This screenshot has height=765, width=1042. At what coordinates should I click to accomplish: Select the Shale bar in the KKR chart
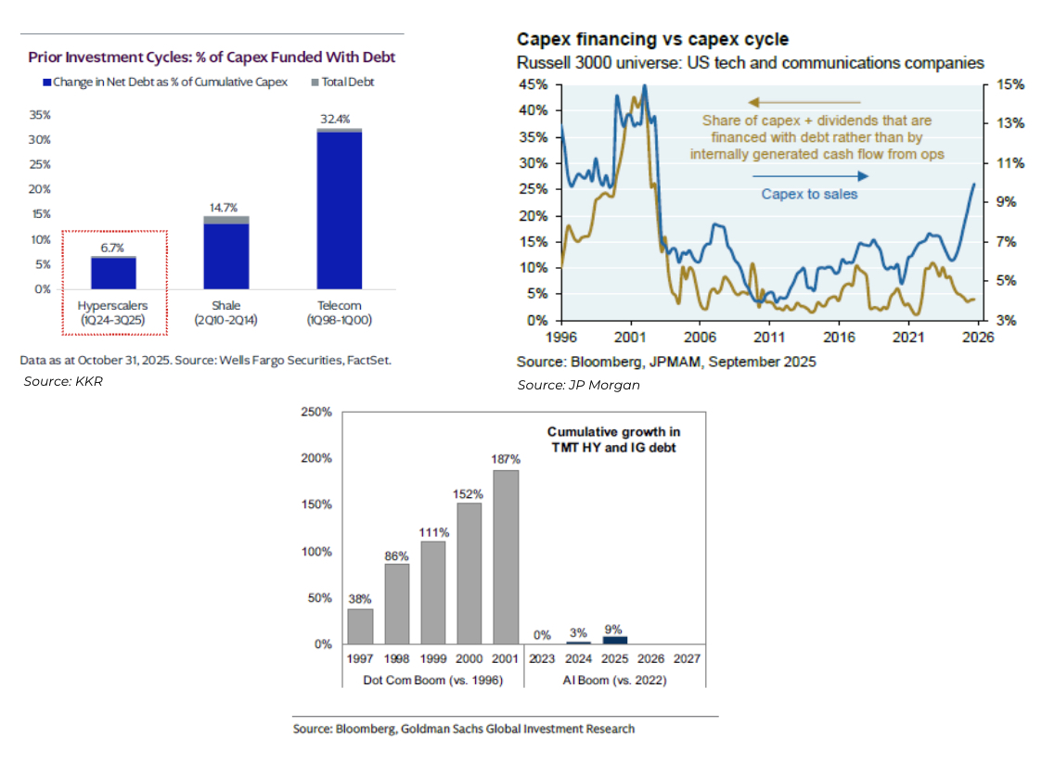click(x=225, y=255)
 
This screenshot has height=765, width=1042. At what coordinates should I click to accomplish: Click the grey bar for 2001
click(x=506, y=556)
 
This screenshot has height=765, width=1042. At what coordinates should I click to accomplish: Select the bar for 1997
click(x=360, y=626)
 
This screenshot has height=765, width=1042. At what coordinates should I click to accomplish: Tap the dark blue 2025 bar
click(x=614, y=640)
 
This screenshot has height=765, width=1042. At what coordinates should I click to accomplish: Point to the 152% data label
click(x=470, y=493)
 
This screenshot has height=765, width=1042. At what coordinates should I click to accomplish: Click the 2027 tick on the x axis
click(x=687, y=659)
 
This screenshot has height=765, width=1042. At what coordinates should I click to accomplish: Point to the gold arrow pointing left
click(x=804, y=102)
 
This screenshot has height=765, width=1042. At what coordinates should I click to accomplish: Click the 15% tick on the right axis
click(x=1010, y=84)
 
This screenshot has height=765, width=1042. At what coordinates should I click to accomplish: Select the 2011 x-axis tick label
click(x=769, y=338)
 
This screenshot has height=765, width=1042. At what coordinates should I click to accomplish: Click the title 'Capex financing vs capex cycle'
click(x=652, y=40)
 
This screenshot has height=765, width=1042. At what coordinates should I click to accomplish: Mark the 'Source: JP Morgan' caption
click(x=578, y=385)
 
